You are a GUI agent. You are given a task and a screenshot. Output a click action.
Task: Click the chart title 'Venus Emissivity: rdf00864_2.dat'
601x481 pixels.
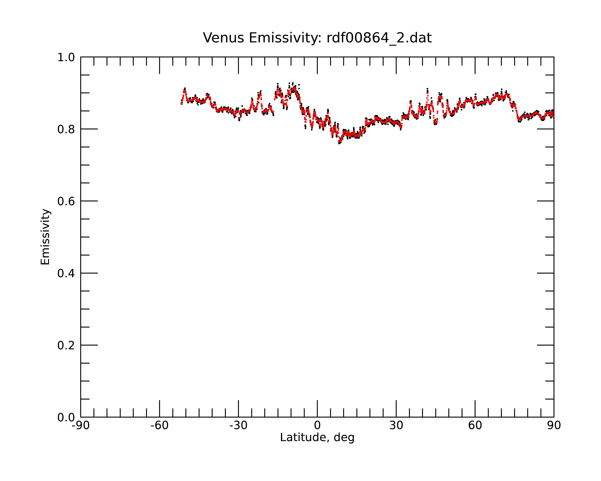(317, 38)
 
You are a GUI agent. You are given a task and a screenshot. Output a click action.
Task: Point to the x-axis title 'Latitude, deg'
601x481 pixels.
(317, 438)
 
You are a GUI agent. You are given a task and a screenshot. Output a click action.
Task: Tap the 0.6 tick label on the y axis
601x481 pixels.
(66, 201)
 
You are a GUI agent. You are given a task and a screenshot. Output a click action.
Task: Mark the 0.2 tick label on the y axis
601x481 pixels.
(66, 345)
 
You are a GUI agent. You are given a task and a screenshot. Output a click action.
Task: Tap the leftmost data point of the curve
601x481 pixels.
(181, 104)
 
